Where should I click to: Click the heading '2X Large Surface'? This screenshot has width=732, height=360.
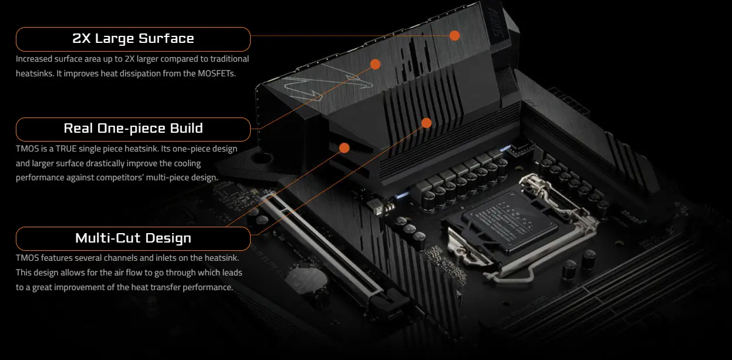point(133,39)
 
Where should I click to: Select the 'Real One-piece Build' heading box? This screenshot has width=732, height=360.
point(133,129)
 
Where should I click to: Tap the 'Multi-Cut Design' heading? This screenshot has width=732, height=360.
point(133,238)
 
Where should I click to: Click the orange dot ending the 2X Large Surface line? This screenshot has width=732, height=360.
point(454,35)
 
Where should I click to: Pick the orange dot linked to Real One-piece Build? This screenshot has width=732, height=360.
point(375,64)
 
